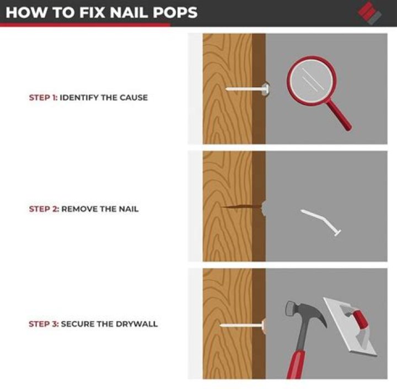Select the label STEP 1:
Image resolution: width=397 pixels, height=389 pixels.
point(44,98)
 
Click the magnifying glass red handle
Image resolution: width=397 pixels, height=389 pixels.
point(339,115)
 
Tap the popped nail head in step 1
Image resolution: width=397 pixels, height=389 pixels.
point(266,89)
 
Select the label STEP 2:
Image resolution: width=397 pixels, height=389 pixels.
point(44,209)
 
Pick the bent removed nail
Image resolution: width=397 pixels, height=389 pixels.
point(321,221)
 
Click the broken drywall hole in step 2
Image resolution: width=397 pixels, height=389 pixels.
point(264,209)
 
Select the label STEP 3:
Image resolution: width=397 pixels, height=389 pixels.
point(44,324)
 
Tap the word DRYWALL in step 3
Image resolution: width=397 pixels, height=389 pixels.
point(137,324)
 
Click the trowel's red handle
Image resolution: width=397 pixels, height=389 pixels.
point(361,319)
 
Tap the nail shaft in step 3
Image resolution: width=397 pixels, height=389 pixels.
point(241,325)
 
